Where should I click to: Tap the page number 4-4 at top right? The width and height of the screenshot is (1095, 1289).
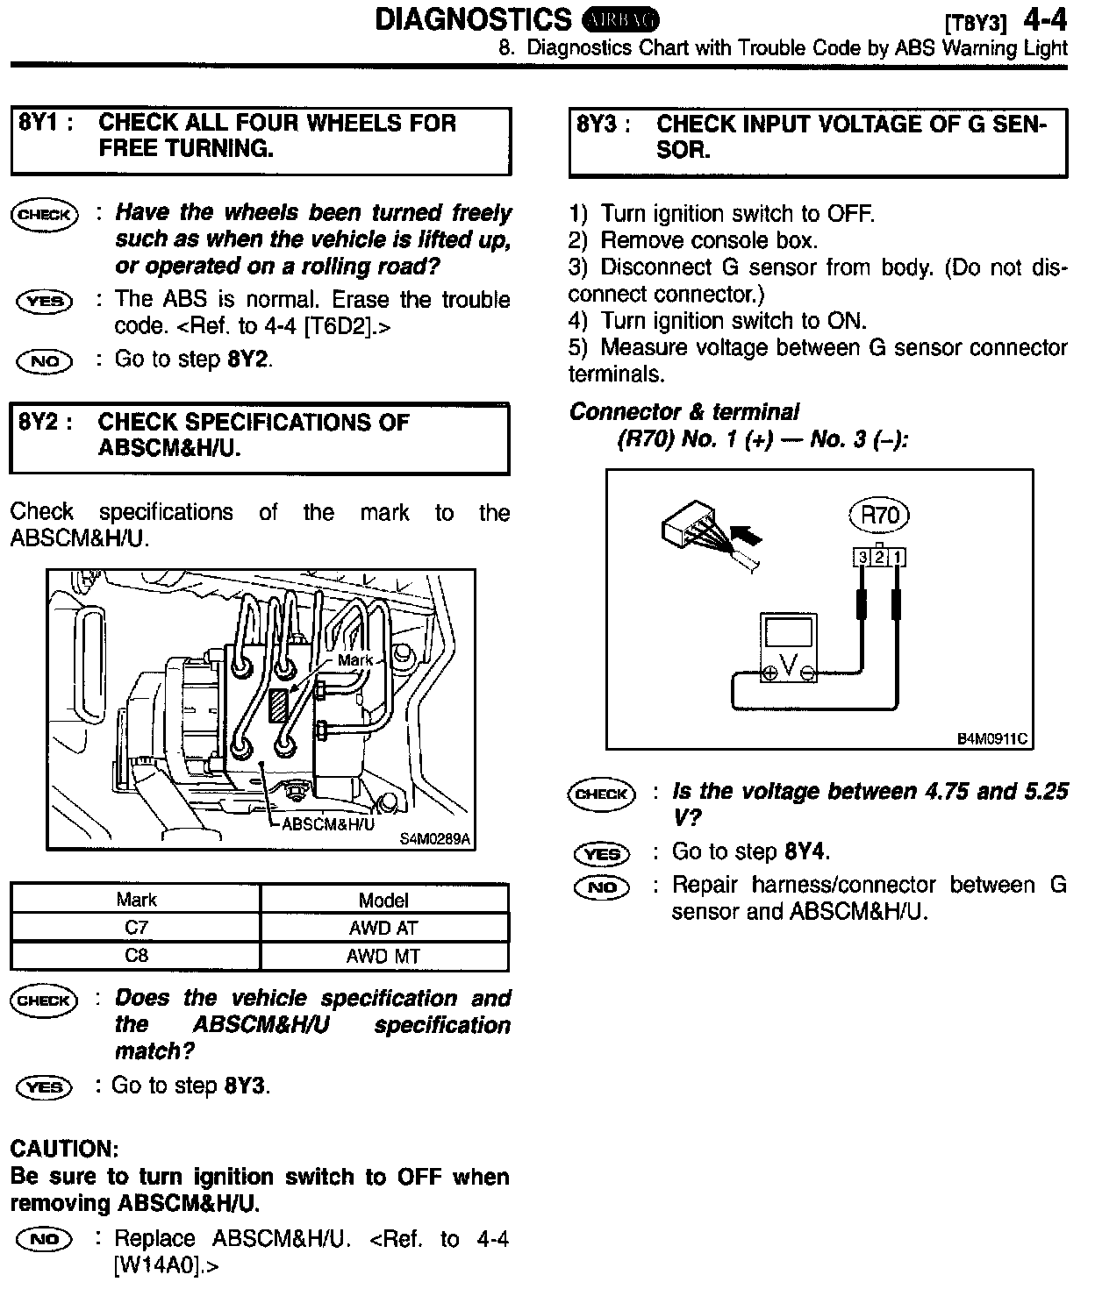[1044, 20]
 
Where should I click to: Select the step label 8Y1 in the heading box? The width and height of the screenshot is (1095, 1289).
[38, 123]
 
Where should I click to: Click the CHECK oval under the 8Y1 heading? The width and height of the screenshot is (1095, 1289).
[44, 215]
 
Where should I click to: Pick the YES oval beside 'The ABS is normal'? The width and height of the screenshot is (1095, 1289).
[45, 302]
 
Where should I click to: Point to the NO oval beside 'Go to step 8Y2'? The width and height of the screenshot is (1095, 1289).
[45, 361]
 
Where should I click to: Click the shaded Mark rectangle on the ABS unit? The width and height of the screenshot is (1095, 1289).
[278, 704]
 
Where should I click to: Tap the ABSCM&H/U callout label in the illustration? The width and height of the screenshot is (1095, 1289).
[328, 824]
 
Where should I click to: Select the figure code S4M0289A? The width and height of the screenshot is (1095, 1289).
[435, 839]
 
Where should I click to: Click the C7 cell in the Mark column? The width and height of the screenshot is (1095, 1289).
[136, 928]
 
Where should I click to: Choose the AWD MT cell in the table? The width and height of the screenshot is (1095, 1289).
[383, 957]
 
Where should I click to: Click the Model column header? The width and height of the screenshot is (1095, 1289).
[383, 901]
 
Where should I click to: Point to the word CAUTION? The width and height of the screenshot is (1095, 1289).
[64, 1149]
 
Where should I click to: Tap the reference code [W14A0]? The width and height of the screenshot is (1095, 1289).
[162, 1265]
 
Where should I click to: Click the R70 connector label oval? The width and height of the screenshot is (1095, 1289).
[880, 516]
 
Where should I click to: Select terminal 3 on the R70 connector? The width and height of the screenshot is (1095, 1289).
[862, 558]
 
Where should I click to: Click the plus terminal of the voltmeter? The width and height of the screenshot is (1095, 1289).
[769, 673]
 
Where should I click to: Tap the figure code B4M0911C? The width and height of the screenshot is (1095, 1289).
[991, 738]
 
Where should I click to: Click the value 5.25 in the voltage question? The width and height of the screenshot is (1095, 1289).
[1045, 792]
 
